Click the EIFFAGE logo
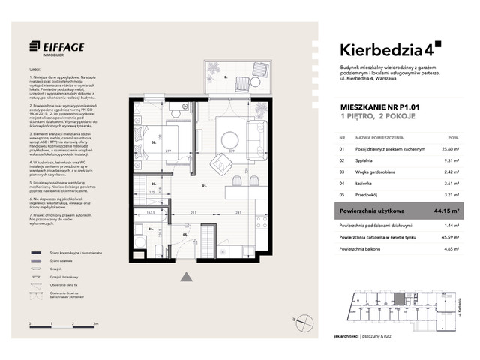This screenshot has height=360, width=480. tap(57, 47)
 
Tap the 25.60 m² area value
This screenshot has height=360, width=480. tap(449, 150)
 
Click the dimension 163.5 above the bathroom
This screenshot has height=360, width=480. tap(151, 213)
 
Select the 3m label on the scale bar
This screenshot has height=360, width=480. tap(95, 322)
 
